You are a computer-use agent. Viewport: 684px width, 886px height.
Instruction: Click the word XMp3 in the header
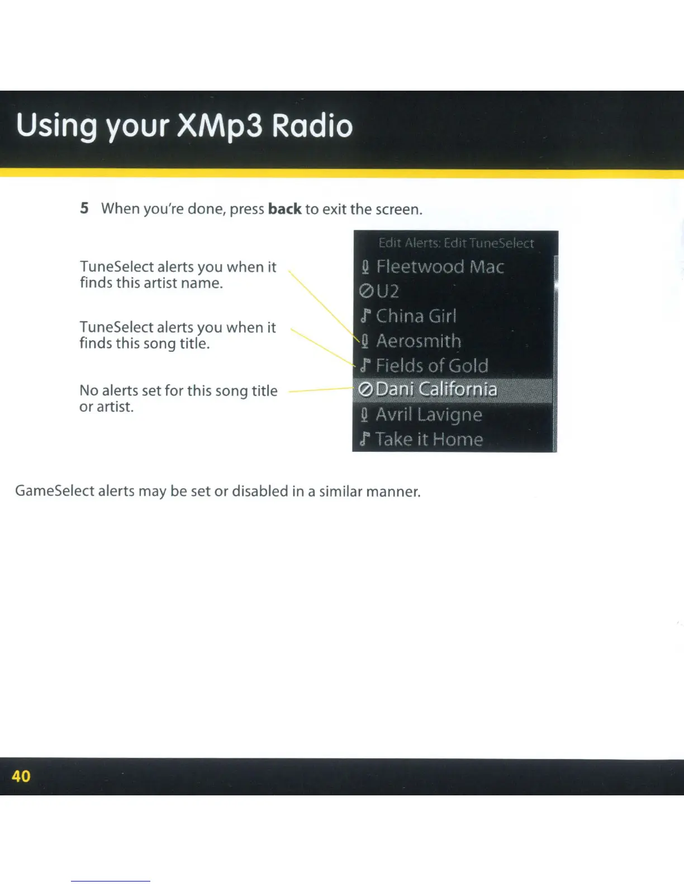coord(220,125)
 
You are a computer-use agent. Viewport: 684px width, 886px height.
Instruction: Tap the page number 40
coord(21,776)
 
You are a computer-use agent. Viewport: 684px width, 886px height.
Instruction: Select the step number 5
coord(84,208)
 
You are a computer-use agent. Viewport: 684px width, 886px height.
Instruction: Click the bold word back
coord(285,209)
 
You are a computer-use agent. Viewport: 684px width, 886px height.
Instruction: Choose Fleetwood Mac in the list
coord(440,267)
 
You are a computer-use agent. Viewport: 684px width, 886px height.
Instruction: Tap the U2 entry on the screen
coord(387,291)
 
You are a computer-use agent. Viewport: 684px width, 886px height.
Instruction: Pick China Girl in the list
coord(416,316)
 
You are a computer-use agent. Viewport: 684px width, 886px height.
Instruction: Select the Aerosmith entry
coord(419,341)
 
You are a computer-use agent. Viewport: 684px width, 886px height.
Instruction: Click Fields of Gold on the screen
coord(432,365)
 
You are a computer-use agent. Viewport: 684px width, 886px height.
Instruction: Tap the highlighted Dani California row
coord(453,390)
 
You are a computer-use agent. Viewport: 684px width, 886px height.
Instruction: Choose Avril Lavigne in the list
coord(429,415)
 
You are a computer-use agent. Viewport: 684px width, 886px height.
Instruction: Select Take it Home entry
coord(429,439)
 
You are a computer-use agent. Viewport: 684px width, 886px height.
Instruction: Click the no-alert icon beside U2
coord(366,291)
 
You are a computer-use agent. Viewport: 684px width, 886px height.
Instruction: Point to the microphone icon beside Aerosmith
coord(365,341)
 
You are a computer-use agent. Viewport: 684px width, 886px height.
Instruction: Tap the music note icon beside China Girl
coord(365,316)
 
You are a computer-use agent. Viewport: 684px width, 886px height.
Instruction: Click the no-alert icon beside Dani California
coord(366,390)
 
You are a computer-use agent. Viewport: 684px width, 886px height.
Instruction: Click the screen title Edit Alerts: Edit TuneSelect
coord(456,243)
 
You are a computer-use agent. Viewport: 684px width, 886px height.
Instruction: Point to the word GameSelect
coord(55,491)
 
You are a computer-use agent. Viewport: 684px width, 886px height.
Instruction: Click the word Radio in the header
coord(312,125)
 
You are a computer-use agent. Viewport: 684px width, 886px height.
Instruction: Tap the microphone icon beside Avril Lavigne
coord(364,415)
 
